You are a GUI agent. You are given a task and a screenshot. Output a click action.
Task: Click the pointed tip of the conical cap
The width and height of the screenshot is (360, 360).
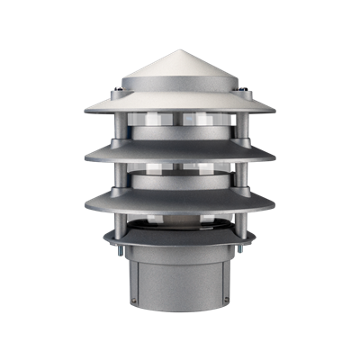180,50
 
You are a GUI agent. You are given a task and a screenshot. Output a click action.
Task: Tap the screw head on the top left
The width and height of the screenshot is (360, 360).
118,92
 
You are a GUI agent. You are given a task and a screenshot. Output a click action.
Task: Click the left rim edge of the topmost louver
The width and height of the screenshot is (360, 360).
85,111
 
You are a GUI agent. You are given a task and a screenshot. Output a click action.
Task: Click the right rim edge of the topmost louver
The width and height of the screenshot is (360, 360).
274,111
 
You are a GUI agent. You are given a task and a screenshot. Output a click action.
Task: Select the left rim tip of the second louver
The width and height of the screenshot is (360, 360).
85,158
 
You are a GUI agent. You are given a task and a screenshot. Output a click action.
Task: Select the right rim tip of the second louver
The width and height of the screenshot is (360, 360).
275,158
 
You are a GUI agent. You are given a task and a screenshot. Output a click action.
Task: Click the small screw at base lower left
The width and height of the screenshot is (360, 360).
135,301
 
